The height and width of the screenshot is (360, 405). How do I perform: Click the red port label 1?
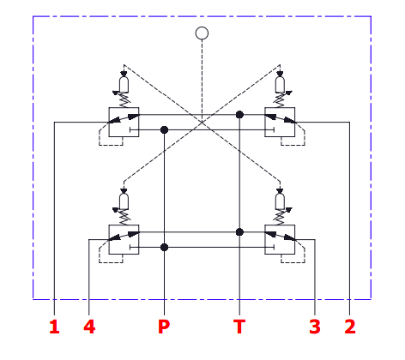click(x=54, y=327)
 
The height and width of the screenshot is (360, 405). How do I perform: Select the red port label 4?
click(x=89, y=327)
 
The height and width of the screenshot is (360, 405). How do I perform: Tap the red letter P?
click(x=164, y=327)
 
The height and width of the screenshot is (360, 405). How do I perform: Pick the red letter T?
click(x=239, y=327)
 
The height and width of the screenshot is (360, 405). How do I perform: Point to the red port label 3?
click(x=315, y=327)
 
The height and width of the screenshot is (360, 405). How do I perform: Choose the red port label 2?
click(x=350, y=327)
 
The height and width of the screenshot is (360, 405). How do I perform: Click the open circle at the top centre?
click(x=202, y=33)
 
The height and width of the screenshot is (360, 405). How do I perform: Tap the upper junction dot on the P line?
click(x=164, y=130)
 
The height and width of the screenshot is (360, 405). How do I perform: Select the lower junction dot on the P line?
click(x=164, y=247)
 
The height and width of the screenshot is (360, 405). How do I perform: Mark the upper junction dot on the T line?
click(x=239, y=115)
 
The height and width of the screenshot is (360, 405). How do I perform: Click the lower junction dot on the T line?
click(x=239, y=232)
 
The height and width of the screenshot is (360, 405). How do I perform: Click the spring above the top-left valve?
click(x=124, y=100)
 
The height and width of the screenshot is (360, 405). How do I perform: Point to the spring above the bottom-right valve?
click(x=280, y=218)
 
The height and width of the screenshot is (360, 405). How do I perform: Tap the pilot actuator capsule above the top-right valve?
click(x=280, y=85)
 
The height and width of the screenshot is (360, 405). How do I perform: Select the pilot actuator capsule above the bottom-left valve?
click(x=124, y=201)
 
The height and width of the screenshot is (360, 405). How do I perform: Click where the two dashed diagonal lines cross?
click(x=202, y=123)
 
